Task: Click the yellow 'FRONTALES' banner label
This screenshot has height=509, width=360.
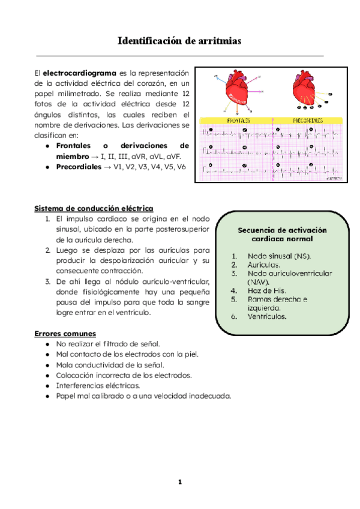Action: pyautogui.click(x=239, y=121)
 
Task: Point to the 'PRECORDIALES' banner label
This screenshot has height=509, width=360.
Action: pyautogui.click(x=308, y=121)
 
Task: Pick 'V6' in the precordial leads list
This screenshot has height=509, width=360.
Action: pyautogui.click(x=181, y=166)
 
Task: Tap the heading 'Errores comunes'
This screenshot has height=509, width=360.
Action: pyautogui.click(x=64, y=333)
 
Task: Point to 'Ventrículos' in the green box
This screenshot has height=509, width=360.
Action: pyautogui.click(x=267, y=316)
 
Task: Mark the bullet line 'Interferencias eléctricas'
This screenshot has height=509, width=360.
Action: pyautogui.click(x=98, y=385)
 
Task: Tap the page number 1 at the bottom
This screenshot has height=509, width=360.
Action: pyautogui.click(x=179, y=482)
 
